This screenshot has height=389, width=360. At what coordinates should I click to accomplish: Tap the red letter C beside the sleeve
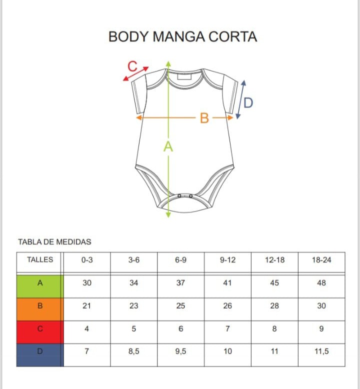coord(132,66)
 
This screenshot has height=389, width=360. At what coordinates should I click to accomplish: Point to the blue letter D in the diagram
coord(248,102)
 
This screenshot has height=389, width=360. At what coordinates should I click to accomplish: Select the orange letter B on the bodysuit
coord(204,118)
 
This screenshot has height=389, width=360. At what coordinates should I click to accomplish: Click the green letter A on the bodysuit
coord(168,146)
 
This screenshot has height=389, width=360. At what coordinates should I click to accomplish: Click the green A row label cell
coord(40,286)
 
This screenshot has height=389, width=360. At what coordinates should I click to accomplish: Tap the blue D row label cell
coord(40,355)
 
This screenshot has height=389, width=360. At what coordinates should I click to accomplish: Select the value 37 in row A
coord(180,283)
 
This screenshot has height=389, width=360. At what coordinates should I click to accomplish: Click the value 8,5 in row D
coord(133,351)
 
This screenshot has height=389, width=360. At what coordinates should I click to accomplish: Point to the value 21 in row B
coord(87,305)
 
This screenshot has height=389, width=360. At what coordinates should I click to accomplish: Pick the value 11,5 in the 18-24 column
coord(321,351)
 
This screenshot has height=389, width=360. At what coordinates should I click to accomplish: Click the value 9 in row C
coord(321,328)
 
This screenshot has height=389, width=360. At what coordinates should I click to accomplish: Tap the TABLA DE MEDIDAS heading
coord(55,242)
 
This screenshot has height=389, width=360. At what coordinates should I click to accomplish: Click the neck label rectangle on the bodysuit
coord(184,76)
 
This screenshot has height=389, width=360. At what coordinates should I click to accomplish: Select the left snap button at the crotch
coord(179,196)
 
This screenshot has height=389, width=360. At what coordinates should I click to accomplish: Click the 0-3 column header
coord(87,260)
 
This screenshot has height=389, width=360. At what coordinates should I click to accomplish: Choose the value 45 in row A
coord(274,283)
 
